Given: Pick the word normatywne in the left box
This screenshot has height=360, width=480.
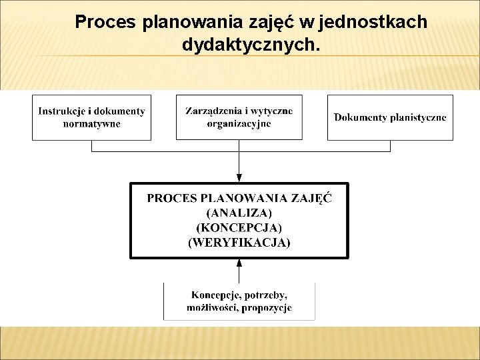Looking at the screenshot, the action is (x=92, y=124).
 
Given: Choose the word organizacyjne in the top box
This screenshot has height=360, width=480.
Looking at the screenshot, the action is (x=239, y=124).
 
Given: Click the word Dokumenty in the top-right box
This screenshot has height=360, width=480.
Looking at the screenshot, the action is (x=361, y=117).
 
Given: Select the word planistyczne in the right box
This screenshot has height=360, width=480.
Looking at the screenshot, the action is (x=419, y=117).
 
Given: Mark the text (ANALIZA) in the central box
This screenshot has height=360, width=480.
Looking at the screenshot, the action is (x=239, y=213).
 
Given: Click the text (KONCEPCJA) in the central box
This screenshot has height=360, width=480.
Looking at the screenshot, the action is (x=239, y=228).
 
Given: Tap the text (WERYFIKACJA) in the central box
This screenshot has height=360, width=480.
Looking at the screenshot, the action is (x=239, y=243).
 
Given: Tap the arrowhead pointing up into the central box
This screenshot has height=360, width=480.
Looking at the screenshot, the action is (x=239, y=263).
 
